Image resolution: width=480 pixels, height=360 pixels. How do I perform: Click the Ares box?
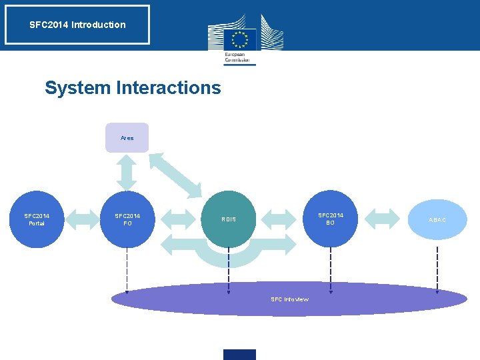point(127,137)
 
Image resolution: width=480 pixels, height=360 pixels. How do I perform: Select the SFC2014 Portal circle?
point(37,219)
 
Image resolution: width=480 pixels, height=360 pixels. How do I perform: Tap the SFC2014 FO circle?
point(127,219)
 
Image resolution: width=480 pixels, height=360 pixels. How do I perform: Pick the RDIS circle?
point(228,219)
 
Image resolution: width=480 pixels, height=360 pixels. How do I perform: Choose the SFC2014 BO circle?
point(330,219)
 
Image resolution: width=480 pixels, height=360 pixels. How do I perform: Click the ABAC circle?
point(437,219)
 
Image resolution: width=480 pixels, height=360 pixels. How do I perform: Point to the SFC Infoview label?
point(289,299)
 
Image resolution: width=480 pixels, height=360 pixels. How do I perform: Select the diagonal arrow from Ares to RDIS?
point(175,175)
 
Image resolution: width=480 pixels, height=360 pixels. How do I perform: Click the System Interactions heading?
point(133,87)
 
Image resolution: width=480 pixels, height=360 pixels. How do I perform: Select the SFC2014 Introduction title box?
point(77,25)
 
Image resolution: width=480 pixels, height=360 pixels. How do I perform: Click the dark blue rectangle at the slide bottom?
point(239,354)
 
